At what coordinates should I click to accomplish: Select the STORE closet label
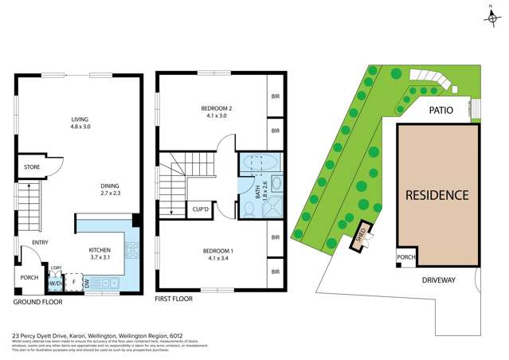tap(33, 167)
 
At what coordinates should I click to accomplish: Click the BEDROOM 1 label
tap(211, 251)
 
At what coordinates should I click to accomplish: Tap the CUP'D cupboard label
tap(201, 210)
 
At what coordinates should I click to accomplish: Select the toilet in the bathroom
tap(249, 209)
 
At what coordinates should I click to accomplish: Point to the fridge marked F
tap(74, 282)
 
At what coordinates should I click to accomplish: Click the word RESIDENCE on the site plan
tap(437, 195)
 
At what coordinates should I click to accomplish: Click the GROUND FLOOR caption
tap(37, 303)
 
